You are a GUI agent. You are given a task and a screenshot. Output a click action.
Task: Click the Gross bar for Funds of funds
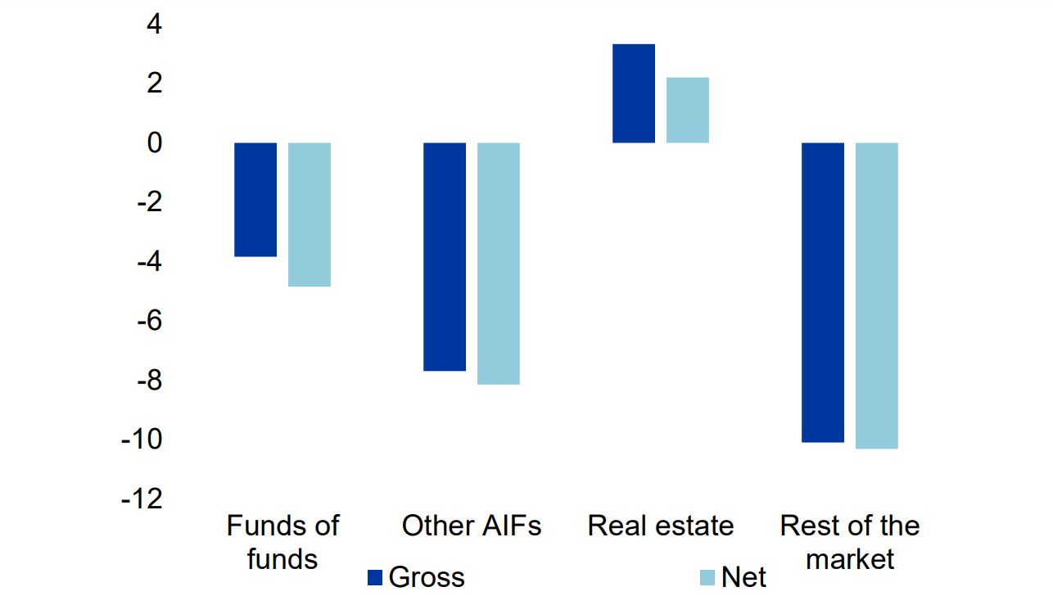click(255, 200)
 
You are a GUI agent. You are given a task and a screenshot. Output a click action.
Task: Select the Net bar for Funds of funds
click(310, 214)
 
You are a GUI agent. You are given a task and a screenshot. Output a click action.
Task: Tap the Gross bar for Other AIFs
click(445, 256)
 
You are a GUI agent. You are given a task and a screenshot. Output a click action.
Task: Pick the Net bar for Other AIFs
click(499, 263)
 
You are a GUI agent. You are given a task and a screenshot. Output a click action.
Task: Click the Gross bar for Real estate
click(634, 93)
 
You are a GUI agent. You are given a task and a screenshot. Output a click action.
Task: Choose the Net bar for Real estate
click(688, 110)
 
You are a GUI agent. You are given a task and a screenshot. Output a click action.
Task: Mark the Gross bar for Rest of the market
click(823, 292)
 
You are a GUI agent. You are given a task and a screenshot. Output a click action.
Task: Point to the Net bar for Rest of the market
click(877, 296)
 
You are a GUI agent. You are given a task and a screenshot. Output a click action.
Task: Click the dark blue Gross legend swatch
click(376, 578)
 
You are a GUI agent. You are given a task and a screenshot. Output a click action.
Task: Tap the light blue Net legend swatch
click(708, 578)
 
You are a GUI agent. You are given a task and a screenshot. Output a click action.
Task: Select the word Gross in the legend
click(427, 578)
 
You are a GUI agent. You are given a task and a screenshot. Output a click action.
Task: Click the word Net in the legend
click(743, 578)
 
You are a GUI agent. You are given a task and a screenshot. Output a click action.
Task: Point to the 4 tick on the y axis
click(154, 25)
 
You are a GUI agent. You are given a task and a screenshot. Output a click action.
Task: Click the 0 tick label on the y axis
click(154, 143)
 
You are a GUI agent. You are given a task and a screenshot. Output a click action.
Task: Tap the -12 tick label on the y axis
click(142, 499)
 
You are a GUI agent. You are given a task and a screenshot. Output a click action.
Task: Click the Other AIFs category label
click(472, 526)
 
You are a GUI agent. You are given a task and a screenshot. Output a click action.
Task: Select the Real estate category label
click(661, 526)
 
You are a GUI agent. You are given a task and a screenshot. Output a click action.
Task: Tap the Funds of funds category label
click(282, 542)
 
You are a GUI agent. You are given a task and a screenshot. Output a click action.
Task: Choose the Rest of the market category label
click(850, 542)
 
